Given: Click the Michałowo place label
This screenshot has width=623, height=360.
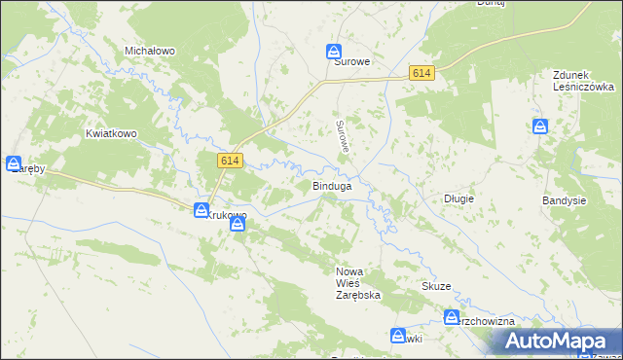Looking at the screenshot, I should click(149, 50).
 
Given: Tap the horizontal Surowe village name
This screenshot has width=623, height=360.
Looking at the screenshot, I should click(352, 61).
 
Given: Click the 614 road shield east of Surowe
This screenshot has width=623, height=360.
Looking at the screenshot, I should click(421, 74).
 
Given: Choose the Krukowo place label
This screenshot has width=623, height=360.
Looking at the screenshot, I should click(226, 215).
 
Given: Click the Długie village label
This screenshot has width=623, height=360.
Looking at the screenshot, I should click(458, 198).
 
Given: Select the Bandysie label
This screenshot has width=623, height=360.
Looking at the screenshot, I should click(564, 200).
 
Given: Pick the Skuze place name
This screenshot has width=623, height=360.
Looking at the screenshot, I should click(436, 286).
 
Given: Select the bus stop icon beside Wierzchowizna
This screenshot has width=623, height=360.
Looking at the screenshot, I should click(452, 317).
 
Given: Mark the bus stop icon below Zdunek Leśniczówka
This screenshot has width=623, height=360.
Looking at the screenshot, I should click(540, 126).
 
